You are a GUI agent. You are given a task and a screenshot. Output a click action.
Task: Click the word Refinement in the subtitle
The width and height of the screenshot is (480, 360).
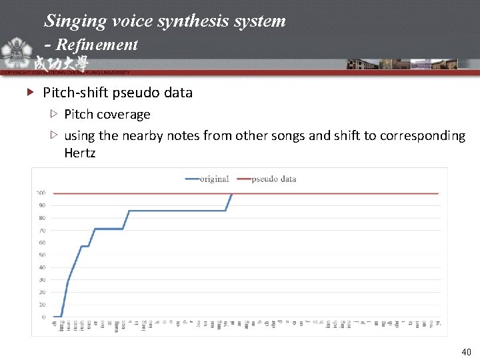point(97,45)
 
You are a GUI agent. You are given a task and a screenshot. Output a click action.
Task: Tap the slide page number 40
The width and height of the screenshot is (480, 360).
point(466,351)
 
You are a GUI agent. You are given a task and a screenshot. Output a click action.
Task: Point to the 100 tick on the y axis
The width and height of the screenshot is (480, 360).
point(41,193)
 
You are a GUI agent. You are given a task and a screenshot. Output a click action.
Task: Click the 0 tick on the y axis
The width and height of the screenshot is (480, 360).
point(44,317)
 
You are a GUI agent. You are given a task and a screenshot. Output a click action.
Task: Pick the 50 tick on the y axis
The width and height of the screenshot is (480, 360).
point(42,255)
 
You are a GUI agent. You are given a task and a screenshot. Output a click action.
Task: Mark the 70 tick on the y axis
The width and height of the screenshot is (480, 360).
point(42,230)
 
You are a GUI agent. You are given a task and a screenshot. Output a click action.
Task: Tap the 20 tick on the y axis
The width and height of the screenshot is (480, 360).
point(42,292)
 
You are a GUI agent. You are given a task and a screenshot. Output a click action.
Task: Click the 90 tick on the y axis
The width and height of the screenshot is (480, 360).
point(42,205)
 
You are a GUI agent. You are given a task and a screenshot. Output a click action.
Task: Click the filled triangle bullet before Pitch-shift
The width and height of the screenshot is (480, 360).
point(29,93)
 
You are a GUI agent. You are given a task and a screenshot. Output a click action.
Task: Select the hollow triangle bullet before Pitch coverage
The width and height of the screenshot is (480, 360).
point(55,114)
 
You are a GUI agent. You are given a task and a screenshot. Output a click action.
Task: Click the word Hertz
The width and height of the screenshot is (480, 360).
point(80,153)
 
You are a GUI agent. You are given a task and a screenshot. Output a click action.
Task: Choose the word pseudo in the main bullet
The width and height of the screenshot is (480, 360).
point(135,93)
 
